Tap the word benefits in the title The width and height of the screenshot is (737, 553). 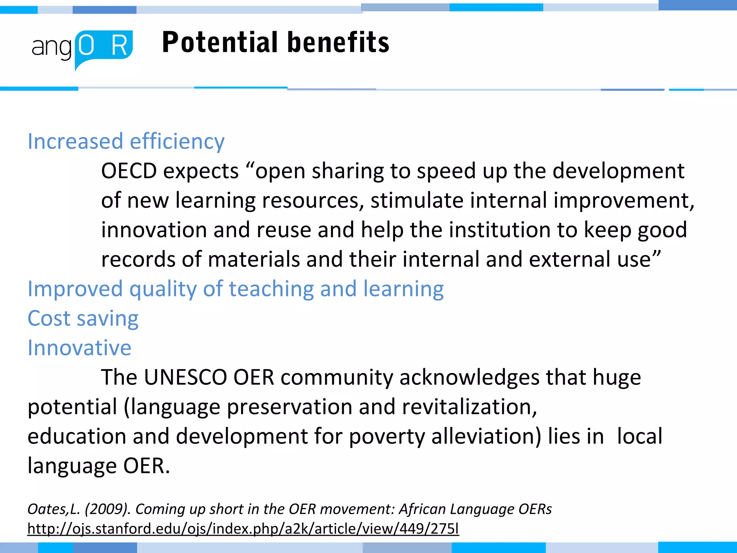(x=338, y=42)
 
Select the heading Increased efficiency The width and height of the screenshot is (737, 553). (x=126, y=141)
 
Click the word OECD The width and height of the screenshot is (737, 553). (x=129, y=171)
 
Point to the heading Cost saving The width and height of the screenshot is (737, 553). (x=83, y=319)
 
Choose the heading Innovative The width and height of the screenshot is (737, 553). (x=80, y=348)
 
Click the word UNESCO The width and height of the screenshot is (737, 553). (x=185, y=378)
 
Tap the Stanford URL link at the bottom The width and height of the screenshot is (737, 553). (x=243, y=529)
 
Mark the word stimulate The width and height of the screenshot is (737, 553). (x=417, y=200)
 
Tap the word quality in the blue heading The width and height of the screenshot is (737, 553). (x=162, y=289)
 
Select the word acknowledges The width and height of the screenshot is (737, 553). (x=469, y=378)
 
